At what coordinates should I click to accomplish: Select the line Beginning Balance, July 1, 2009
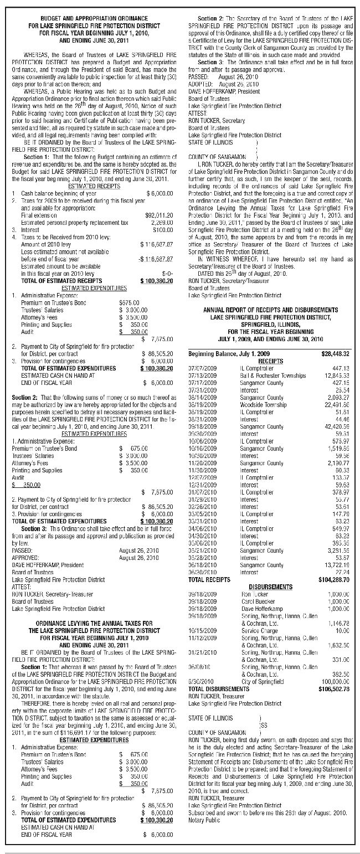(x=229, y=353)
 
